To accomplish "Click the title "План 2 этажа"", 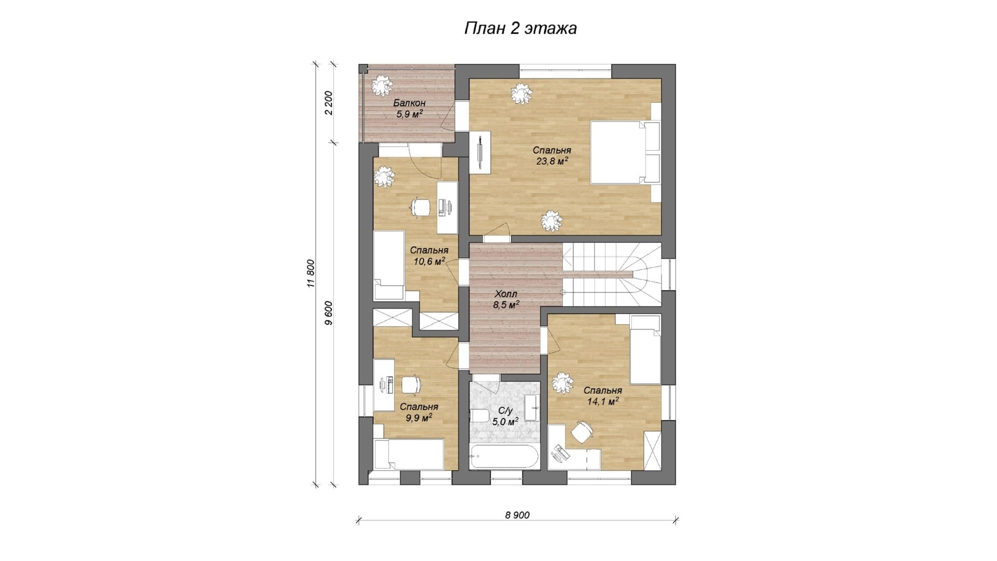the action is [x=520, y=29].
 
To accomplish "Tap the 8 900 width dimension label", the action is [x=517, y=515].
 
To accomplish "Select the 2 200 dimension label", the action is [x=329, y=103].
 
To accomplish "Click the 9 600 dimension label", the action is [x=329, y=313].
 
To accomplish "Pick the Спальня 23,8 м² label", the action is [x=552, y=156].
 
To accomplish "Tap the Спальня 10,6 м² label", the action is [x=429, y=256].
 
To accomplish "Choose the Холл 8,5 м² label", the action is [x=506, y=299].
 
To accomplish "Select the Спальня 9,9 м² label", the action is [x=419, y=412].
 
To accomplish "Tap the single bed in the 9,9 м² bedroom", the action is [x=408, y=455].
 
